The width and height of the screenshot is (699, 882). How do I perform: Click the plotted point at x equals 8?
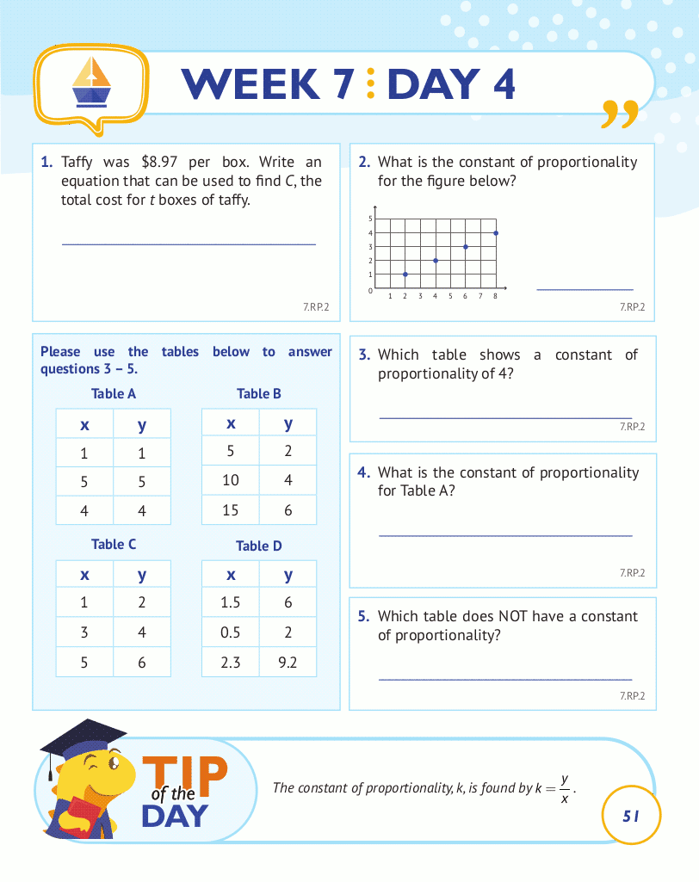496,233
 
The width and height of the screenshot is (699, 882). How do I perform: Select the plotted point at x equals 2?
405,274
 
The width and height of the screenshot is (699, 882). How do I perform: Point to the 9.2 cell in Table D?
288,663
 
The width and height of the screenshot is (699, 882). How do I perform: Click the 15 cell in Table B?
231,510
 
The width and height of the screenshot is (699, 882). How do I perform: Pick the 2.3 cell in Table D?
231,663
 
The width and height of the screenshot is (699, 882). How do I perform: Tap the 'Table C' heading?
114,544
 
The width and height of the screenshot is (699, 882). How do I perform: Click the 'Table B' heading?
259,393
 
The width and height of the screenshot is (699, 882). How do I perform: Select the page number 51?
632,815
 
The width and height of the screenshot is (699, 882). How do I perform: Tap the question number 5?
363,616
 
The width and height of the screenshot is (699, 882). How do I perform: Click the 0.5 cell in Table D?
231,632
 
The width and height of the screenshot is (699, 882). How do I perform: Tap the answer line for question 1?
189,244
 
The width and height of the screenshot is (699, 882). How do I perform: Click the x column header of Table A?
84,423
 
